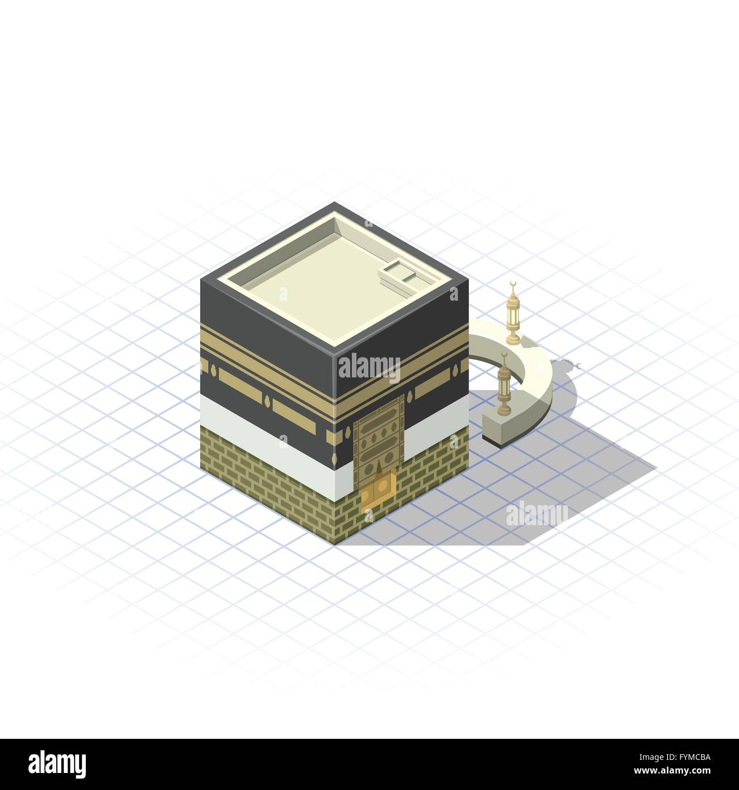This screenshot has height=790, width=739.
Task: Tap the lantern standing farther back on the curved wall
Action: pos(514,315)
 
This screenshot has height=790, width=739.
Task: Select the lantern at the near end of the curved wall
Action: pos(503,386)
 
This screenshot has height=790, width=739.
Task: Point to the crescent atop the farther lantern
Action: pos(513,284)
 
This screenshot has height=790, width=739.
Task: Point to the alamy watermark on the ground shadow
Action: pos(537,513)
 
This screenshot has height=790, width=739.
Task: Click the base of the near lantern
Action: pos(503,409)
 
